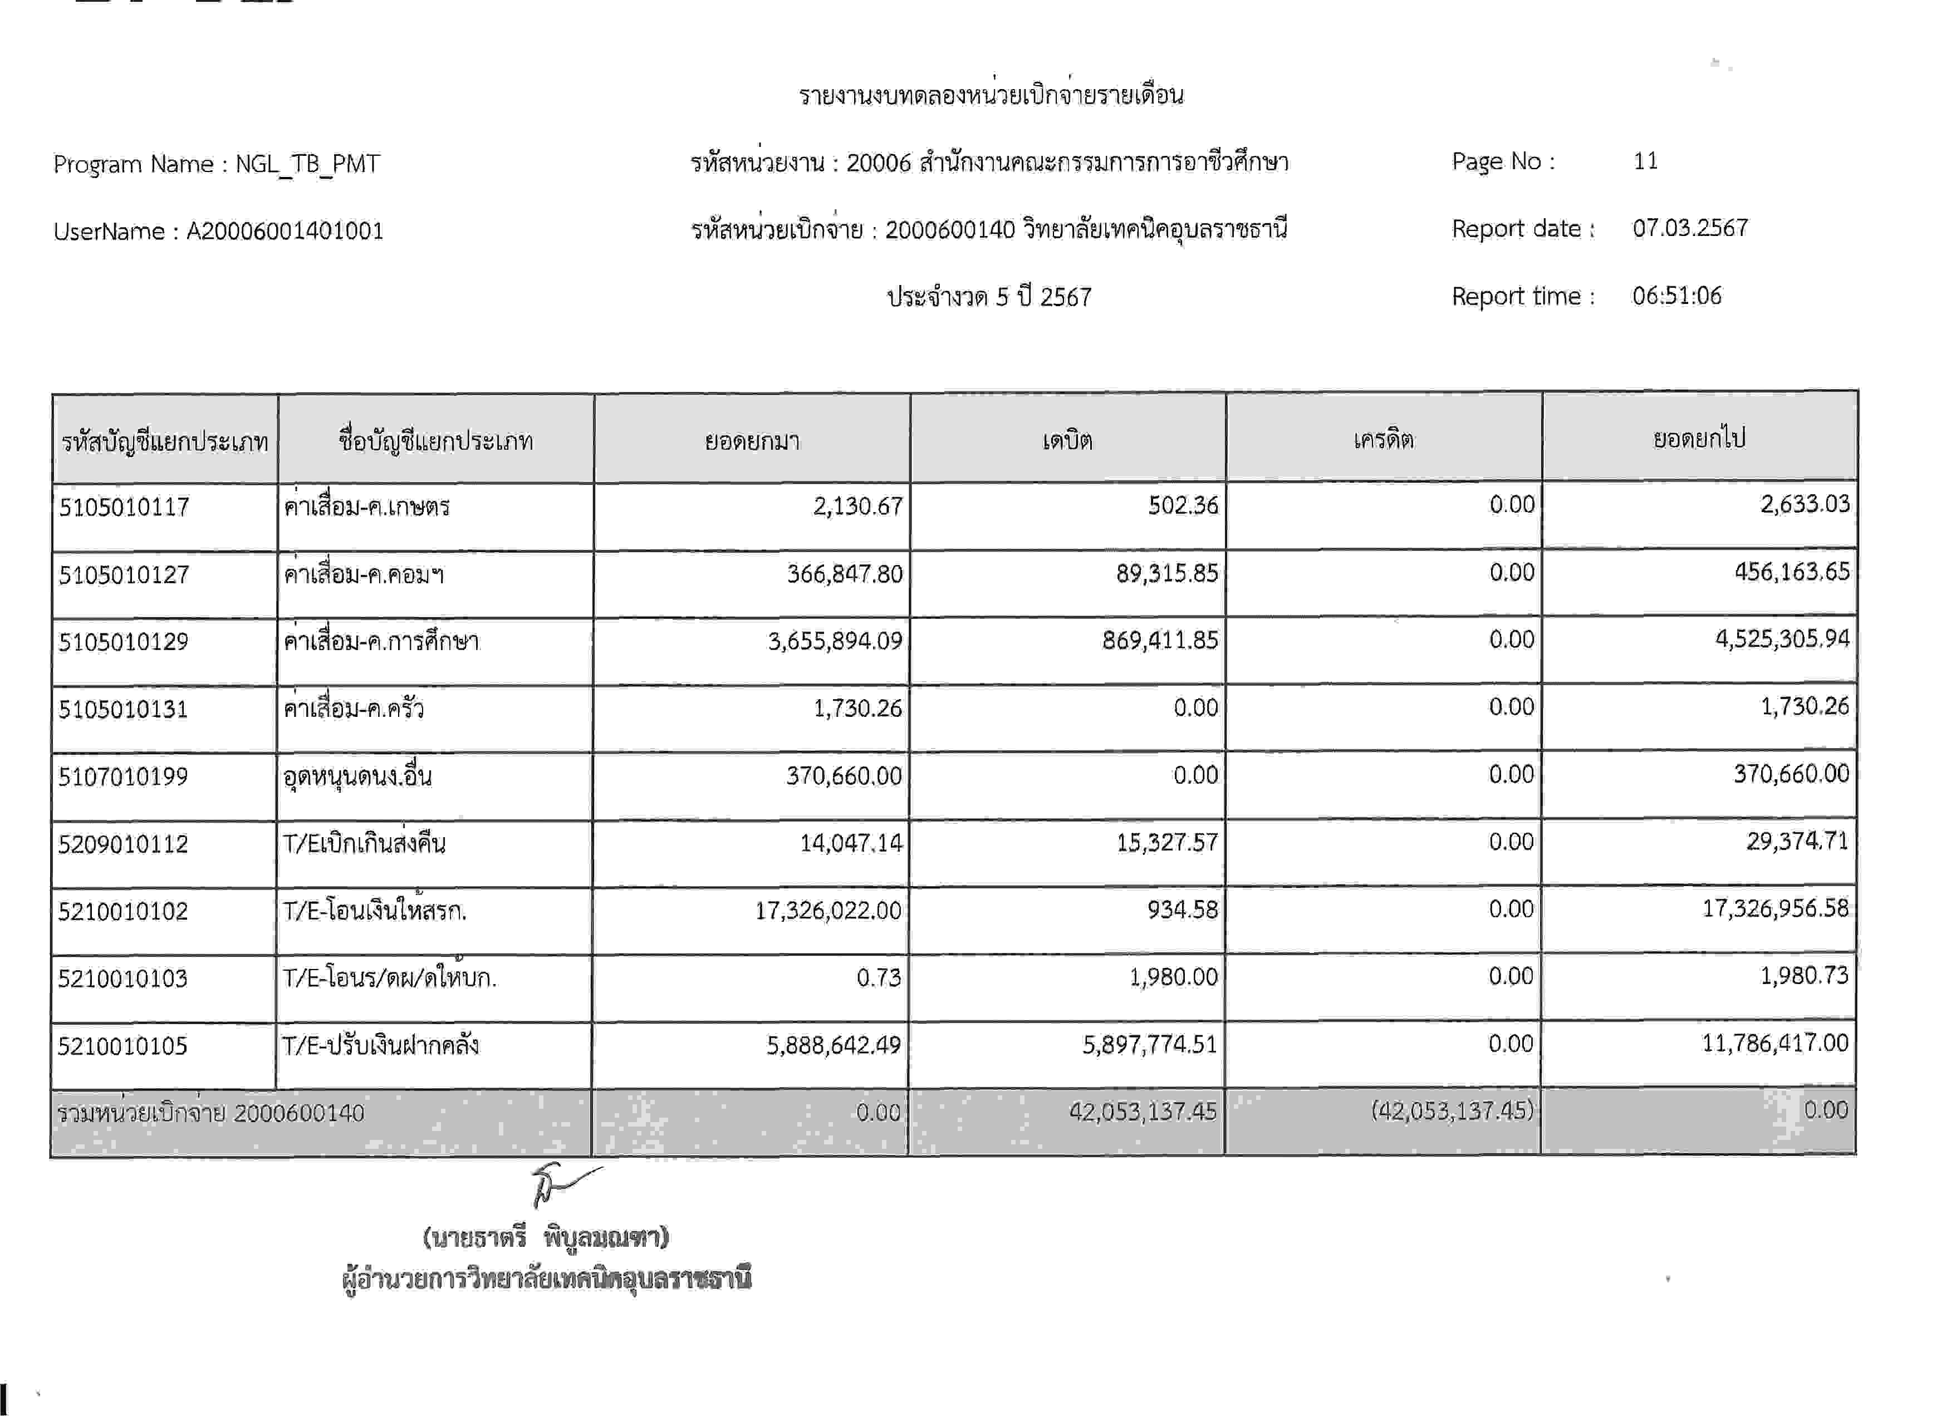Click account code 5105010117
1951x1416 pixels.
click(124, 507)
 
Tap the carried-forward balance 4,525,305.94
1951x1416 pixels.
click(1782, 639)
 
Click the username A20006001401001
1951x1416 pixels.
click(285, 232)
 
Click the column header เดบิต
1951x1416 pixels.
click(1067, 441)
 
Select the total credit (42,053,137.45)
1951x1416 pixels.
click(1452, 1111)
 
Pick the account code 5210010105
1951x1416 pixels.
click(122, 1046)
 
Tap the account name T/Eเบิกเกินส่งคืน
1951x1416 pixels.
click(364, 843)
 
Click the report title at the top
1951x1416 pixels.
click(991, 95)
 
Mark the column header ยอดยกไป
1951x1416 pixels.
click(1699, 439)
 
